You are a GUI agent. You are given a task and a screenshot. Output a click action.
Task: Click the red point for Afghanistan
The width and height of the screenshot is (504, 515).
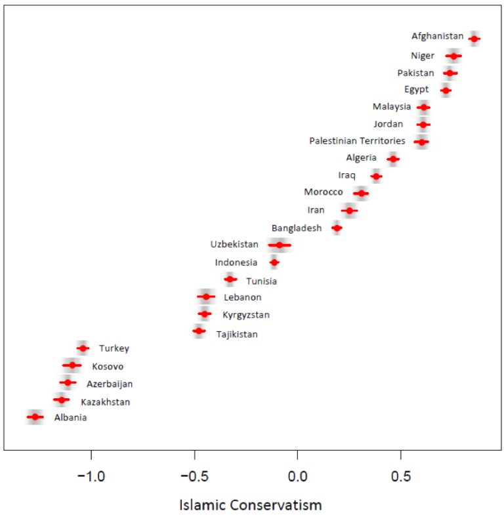click(474, 39)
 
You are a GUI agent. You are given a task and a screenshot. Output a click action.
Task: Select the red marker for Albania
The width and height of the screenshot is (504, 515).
click(35, 417)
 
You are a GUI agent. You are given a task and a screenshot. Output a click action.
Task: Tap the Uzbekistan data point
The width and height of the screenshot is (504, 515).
click(280, 245)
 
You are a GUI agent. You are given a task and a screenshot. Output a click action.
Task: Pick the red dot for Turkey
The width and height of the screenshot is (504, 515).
click(83, 348)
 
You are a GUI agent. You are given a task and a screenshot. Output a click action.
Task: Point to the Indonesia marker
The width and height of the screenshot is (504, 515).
click(274, 262)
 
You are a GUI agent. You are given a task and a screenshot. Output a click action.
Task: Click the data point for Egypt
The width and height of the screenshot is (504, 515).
click(446, 90)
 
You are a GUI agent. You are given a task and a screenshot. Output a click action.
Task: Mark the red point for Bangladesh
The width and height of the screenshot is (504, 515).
click(337, 228)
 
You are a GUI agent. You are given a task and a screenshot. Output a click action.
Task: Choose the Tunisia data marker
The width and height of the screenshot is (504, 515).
click(230, 279)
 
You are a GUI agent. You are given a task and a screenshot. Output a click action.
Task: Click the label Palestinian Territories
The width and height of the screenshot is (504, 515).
click(357, 141)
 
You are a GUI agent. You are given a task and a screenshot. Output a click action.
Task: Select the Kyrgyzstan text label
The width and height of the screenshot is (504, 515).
click(246, 315)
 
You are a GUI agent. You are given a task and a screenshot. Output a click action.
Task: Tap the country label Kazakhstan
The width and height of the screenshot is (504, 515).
click(105, 402)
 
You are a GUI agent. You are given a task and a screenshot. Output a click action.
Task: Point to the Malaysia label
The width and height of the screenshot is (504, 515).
click(392, 107)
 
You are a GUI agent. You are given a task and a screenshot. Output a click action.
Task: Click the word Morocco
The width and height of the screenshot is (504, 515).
click(323, 192)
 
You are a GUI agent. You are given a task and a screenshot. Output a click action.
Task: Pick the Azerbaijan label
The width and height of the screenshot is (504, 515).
click(110, 384)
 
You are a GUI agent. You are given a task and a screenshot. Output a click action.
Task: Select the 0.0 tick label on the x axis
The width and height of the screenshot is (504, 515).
click(297, 474)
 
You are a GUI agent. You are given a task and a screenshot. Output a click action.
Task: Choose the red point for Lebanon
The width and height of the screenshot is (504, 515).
click(206, 297)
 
